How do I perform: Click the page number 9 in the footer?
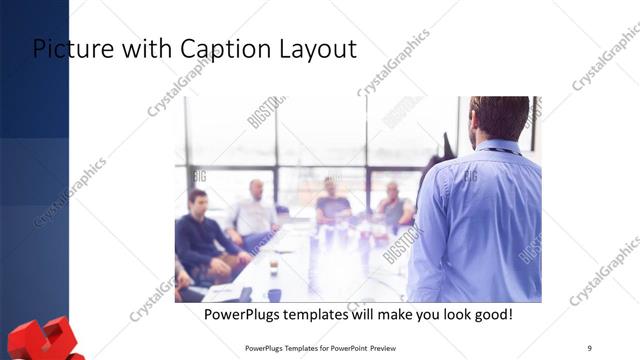(x=589, y=348)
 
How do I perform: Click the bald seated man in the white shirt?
(x=254, y=210)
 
